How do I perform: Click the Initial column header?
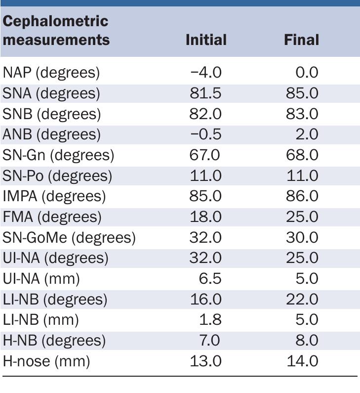pyautogui.click(x=206, y=40)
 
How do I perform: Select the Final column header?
pyautogui.click(x=301, y=40)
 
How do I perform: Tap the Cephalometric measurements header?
pyautogui.click(x=56, y=30)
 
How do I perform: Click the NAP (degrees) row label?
pyautogui.click(x=51, y=73)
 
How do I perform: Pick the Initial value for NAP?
pyautogui.click(x=206, y=73)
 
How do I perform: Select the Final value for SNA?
pyautogui.click(x=302, y=93)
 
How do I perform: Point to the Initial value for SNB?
pyautogui.click(x=205, y=114)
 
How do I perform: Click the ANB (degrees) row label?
pyautogui.click(x=52, y=134)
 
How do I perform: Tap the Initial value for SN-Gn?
pyautogui.click(x=205, y=155)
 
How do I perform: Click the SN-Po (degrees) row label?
pyautogui.click(x=57, y=176)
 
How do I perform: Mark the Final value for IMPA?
pyautogui.click(x=302, y=196)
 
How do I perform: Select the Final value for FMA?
pyautogui.click(x=302, y=217)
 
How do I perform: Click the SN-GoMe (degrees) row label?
pyautogui.click(x=69, y=238)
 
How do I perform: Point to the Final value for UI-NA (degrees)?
pyautogui.click(x=302, y=258)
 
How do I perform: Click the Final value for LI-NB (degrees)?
pyautogui.click(x=302, y=300)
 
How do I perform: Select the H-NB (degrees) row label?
pyautogui.click(x=54, y=341)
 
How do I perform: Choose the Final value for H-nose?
pyautogui.click(x=302, y=361)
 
